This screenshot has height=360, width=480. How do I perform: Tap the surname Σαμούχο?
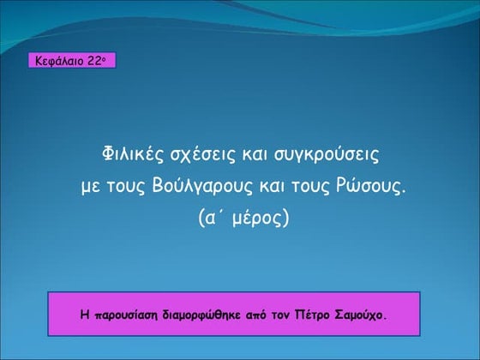[361, 315]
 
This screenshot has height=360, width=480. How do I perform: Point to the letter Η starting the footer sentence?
[85, 315]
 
